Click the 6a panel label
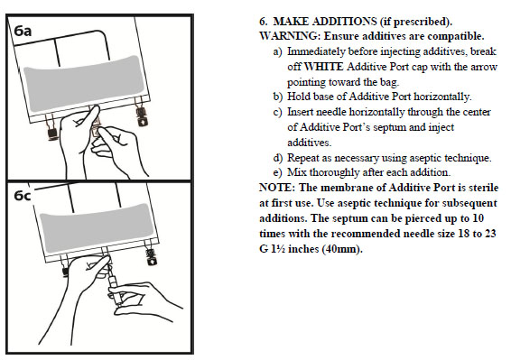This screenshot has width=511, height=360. (23, 31)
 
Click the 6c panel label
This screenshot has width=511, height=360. (23, 196)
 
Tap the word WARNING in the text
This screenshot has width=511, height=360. (288, 36)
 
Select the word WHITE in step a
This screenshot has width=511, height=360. (323, 67)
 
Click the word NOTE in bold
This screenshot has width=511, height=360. (276, 188)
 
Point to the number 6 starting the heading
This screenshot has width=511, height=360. (263, 22)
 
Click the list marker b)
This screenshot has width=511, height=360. (278, 97)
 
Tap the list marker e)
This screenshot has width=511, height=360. (278, 172)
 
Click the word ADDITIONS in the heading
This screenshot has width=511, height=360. (345, 22)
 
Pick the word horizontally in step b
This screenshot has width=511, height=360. (442, 97)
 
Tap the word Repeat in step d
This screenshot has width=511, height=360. (303, 158)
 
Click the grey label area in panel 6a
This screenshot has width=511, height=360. (84, 84)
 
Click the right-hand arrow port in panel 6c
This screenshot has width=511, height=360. (151, 256)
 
